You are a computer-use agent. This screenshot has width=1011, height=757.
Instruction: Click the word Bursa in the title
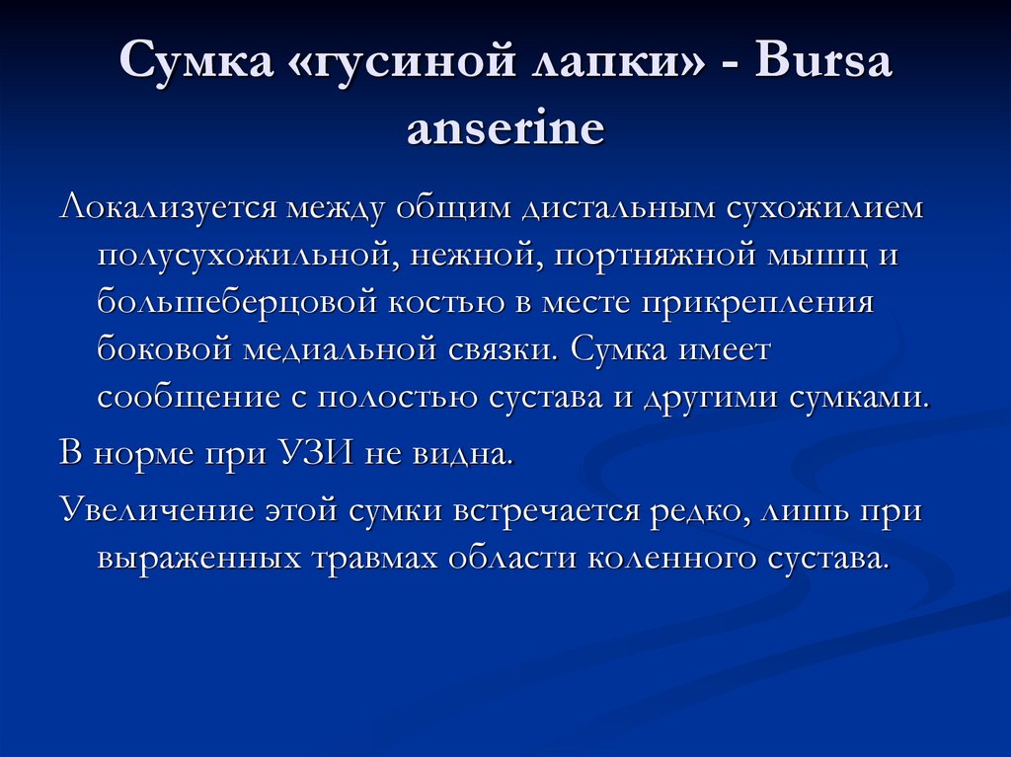(x=823, y=63)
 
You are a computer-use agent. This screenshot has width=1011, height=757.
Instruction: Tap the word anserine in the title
(x=505, y=127)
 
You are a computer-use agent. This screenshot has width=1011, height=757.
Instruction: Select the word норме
(x=143, y=455)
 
